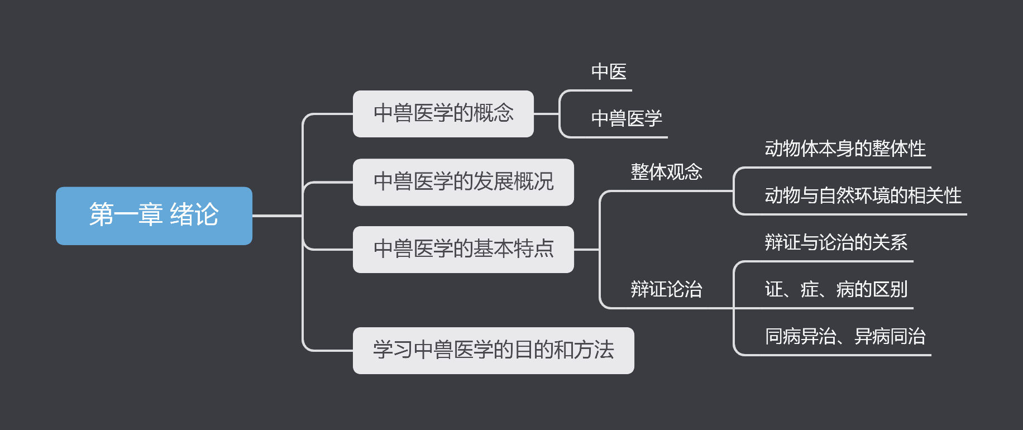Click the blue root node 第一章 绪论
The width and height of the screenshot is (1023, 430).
[154, 216]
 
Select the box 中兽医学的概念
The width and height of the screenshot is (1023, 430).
[443, 113]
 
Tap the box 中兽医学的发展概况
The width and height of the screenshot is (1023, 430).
[463, 182]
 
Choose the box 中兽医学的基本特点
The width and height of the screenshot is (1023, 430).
[463, 249]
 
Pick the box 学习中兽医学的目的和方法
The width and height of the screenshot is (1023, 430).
[493, 350]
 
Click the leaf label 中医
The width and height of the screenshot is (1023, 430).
[609, 72]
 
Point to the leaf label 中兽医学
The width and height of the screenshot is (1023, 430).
[627, 118]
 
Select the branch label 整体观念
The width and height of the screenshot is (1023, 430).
[666, 172]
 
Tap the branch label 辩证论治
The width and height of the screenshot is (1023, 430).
[666, 289]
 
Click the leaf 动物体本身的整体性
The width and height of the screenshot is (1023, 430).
[845, 149]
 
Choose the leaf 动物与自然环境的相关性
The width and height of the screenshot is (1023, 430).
[863, 196]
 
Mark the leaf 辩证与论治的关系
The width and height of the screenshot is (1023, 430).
[836, 242]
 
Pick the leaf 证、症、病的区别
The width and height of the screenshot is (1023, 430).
[836, 289]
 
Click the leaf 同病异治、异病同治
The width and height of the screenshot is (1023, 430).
[845, 336]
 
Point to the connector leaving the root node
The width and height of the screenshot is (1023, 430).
[276, 216]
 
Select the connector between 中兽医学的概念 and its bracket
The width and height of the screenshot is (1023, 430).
[546, 114]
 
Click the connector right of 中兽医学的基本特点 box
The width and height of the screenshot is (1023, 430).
[586, 250]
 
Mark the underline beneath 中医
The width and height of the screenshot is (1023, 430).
[603, 90]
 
